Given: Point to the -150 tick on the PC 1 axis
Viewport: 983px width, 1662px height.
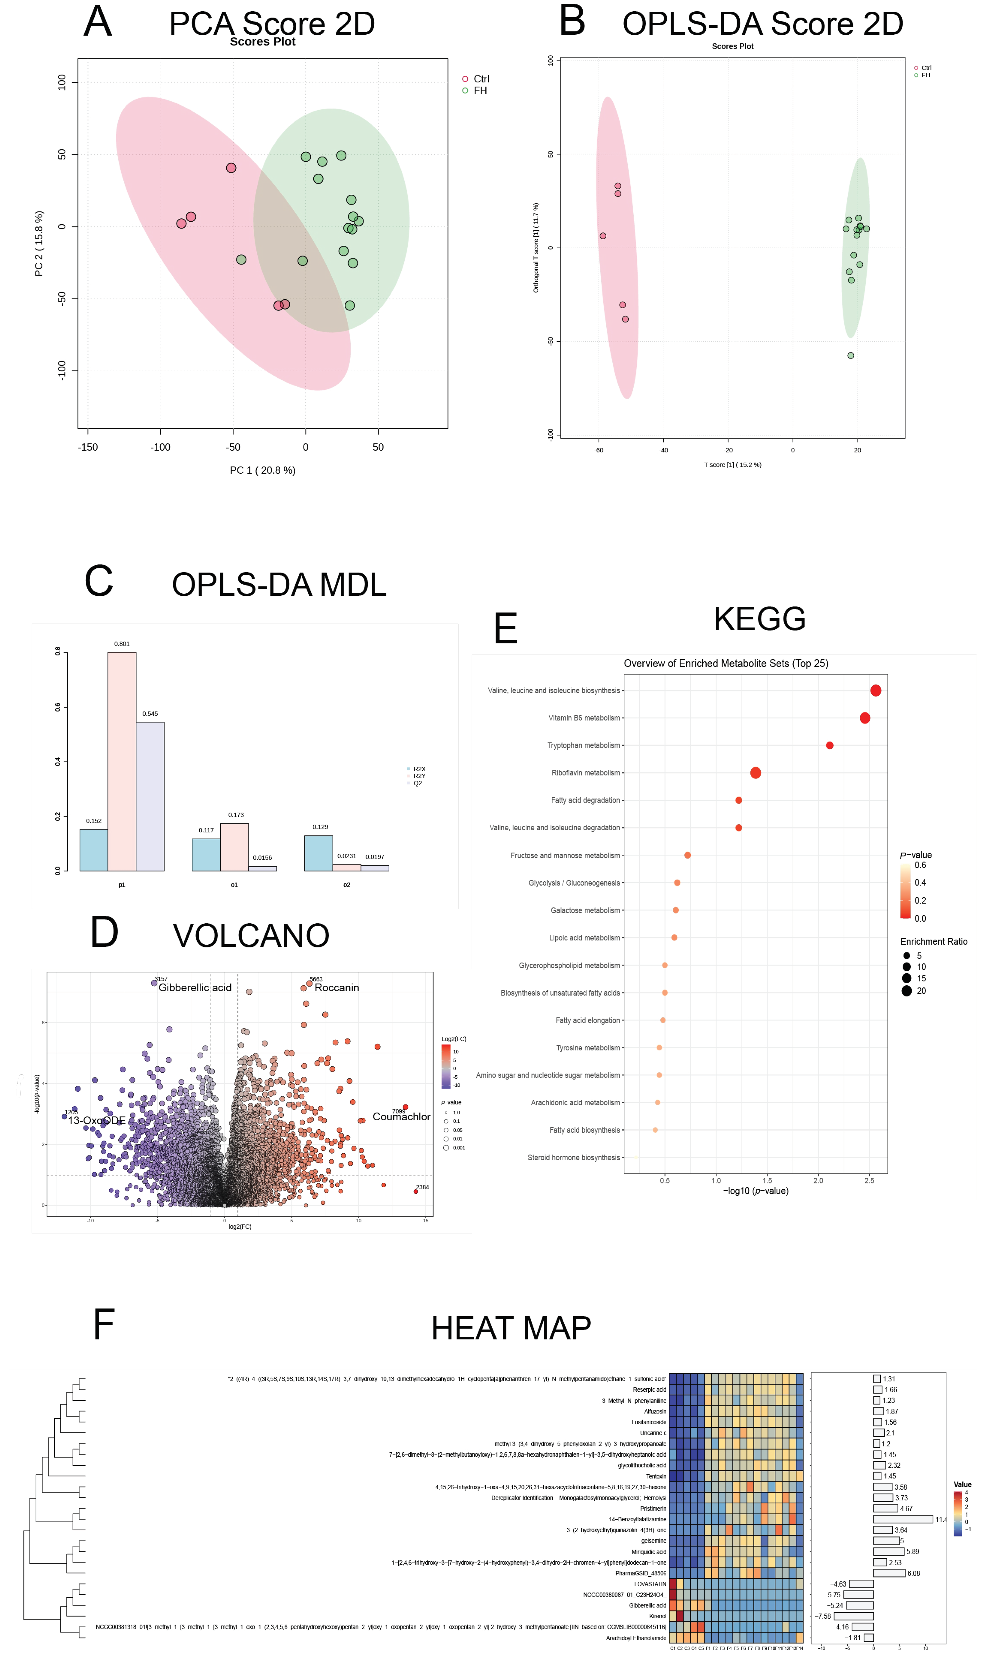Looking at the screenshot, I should [x=88, y=447].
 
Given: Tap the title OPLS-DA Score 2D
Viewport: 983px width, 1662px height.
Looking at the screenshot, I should [x=762, y=24].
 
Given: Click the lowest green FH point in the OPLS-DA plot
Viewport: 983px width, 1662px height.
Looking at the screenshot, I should [x=851, y=355].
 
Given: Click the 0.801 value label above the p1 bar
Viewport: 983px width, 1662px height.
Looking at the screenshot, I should [x=122, y=644].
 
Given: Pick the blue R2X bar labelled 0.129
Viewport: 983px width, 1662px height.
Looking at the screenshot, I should [x=319, y=853].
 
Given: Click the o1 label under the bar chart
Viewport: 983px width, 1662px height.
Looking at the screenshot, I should [x=234, y=885].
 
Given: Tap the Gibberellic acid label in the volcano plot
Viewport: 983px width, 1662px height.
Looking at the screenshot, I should [x=195, y=988].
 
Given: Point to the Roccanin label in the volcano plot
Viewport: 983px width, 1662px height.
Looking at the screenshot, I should [x=337, y=988].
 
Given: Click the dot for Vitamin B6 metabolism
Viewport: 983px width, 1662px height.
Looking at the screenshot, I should [x=864, y=718].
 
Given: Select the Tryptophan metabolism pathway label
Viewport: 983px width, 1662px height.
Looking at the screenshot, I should [x=584, y=746].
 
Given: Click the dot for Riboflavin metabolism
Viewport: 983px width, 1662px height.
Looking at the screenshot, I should [x=755, y=773].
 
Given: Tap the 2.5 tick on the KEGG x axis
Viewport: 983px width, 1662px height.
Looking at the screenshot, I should [x=869, y=1181].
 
